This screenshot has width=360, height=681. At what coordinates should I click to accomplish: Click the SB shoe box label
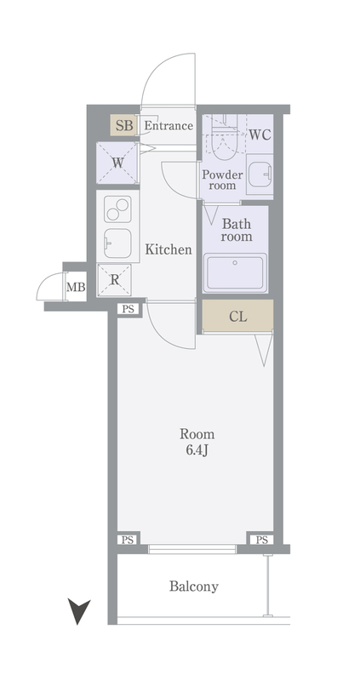click(x=124, y=126)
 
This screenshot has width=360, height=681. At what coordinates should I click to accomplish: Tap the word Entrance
click(x=169, y=126)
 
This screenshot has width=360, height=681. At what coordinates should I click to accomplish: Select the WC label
click(x=260, y=134)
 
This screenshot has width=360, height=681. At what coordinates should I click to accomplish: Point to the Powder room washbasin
click(x=260, y=175)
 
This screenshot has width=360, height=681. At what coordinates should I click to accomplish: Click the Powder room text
click(x=222, y=180)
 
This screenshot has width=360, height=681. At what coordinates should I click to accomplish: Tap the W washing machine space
click(x=117, y=163)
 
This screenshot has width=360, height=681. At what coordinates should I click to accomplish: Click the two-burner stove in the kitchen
click(x=117, y=209)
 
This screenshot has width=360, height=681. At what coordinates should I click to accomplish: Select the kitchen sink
click(x=117, y=243)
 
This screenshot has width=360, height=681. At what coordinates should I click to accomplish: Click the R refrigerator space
click(x=114, y=280)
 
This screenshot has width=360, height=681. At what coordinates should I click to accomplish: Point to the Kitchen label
click(x=169, y=249)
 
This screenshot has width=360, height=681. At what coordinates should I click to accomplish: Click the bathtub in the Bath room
click(x=236, y=272)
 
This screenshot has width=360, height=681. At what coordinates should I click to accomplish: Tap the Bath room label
click(x=237, y=230)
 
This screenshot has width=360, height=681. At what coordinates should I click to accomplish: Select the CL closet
click(x=238, y=315)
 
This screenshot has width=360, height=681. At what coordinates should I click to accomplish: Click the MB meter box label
click(x=76, y=287)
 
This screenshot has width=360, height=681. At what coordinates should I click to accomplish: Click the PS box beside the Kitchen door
click(x=128, y=309)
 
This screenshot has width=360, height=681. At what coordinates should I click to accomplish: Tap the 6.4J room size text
click(x=197, y=450)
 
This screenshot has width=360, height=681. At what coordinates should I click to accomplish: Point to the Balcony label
click(x=194, y=587)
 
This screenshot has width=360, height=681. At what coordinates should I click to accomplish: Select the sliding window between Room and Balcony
click(x=192, y=549)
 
